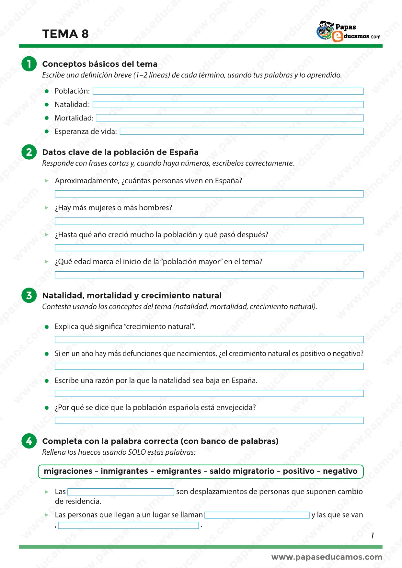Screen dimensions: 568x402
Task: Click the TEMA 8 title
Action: (65, 34)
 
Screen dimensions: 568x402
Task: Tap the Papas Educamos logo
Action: (348, 32)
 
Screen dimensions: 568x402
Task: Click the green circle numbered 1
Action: (29, 64)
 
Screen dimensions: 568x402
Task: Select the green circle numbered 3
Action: (29, 295)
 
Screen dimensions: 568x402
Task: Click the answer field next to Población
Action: (228, 91)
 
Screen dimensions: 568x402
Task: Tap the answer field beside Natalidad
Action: (228, 105)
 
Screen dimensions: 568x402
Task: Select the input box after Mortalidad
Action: (229, 118)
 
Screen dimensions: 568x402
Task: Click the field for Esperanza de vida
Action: (241, 131)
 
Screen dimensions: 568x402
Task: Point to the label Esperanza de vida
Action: (86, 131)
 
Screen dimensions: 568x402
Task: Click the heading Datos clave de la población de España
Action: (120, 152)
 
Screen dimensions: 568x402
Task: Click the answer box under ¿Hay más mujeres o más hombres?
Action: (209, 221)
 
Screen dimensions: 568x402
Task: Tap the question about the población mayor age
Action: (158, 262)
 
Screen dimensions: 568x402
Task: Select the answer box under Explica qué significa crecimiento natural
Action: (209, 340)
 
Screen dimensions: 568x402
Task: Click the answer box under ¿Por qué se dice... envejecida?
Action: (209, 421)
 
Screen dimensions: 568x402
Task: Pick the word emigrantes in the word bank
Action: (179, 471)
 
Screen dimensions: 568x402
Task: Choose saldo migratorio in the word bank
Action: (242, 471)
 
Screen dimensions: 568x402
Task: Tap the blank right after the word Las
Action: (121, 492)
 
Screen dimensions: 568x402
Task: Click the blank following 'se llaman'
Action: (257, 515)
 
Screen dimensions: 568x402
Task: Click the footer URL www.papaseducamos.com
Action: (327, 557)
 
